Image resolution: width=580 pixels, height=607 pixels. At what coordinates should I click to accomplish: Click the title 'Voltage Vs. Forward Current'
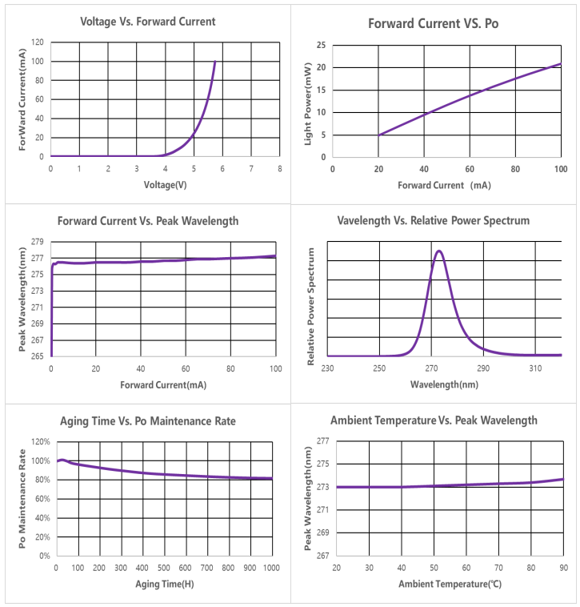coord(148,22)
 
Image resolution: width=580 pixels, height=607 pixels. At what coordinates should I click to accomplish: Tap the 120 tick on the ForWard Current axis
coord(37,42)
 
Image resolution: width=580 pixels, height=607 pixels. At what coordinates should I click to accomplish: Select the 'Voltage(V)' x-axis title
coord(164,185)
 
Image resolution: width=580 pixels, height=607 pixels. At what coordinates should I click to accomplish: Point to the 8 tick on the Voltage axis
coord(279,168)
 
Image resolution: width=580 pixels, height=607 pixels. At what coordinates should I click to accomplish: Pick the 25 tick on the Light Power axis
coord(320,45)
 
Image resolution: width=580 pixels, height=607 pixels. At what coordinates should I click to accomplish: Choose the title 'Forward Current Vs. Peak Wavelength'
coord(148,221)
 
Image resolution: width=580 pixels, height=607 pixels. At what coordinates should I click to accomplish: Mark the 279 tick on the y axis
coord(38,241)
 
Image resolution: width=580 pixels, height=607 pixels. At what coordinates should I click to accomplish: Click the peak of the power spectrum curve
coord(438,251)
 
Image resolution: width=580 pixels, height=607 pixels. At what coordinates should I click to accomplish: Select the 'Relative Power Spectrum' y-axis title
coord(311,306)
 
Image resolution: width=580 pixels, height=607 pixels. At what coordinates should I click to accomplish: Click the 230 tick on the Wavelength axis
coord(327,368)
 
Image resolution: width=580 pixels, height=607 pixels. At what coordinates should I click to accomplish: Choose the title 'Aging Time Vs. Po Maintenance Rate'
coord(148,420)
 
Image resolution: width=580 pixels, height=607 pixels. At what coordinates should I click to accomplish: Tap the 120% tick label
coord(40,441)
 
